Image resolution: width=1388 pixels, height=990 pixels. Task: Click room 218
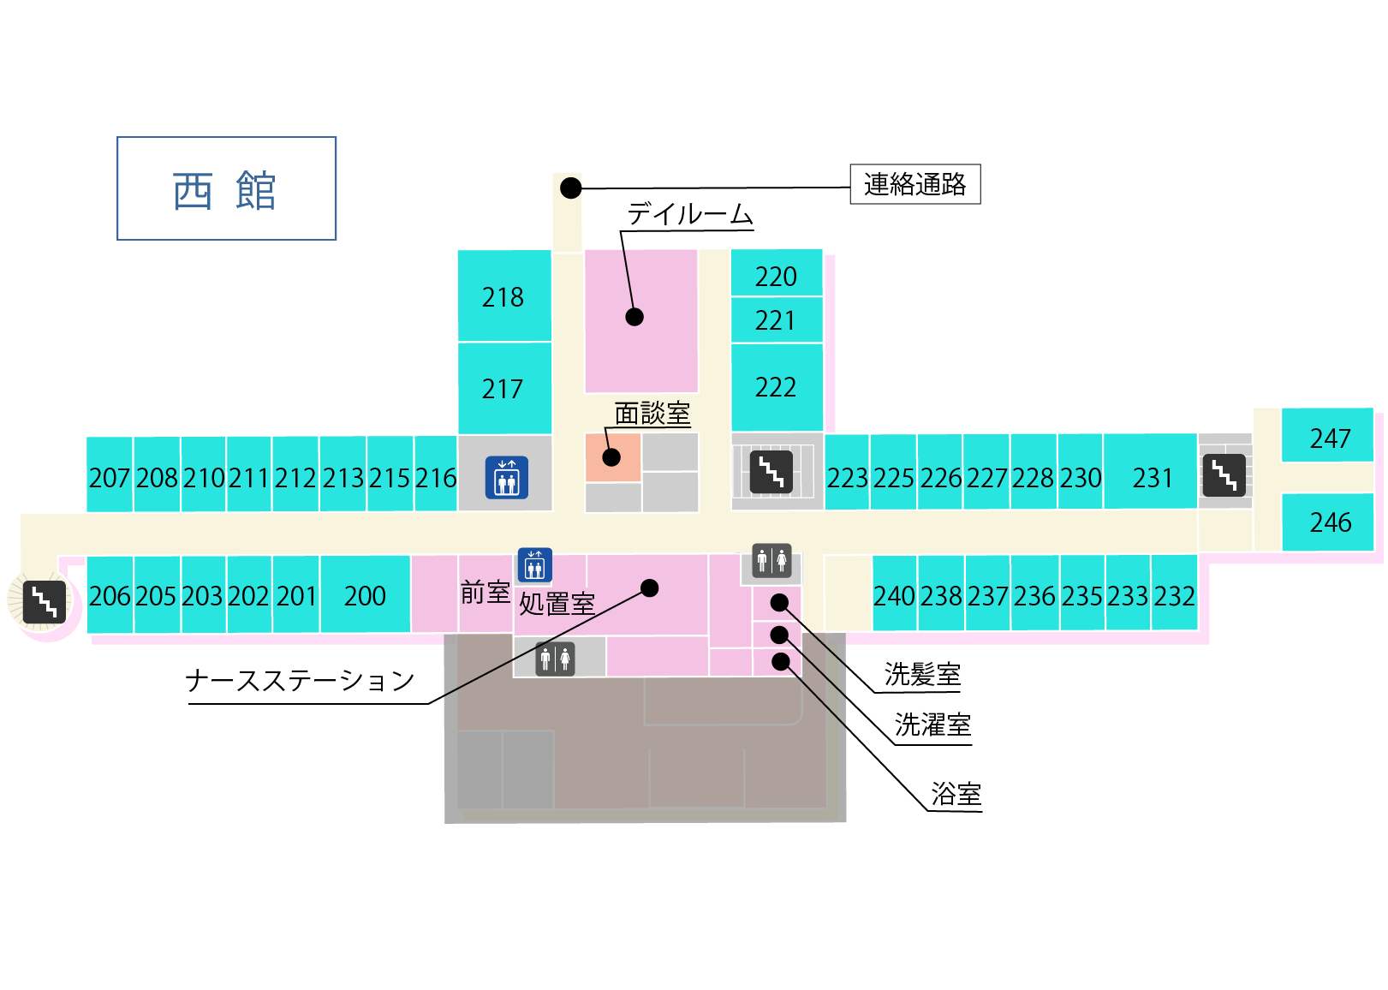coord(504,295)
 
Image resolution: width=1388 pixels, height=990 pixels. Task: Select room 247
coord(1327,435)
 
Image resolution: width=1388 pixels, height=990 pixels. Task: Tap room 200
coord(365,593)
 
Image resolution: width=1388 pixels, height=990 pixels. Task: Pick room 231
coord(1150,471)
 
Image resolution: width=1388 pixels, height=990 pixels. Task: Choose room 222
coord(777,387)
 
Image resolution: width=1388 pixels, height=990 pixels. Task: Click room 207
coord(109,474)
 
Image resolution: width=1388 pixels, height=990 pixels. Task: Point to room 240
coord(894,593)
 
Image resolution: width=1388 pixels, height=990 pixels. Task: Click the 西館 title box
coord(227,188)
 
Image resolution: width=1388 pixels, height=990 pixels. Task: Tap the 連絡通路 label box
coord(915,184)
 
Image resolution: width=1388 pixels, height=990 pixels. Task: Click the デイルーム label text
coord(689,214)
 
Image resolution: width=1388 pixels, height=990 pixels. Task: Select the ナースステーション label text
coord(300,681)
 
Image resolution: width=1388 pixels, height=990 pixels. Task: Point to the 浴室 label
coord(956,794)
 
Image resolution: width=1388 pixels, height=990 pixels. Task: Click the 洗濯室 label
coord(932,725)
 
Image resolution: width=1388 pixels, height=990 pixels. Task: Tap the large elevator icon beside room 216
coord(507,477)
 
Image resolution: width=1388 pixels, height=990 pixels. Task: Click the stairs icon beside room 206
coord(45,602)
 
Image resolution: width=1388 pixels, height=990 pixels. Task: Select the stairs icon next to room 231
coord(1224,475)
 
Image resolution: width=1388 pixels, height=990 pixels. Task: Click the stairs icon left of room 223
coord(771,473)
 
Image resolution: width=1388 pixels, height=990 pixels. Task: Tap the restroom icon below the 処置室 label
coord(555,659)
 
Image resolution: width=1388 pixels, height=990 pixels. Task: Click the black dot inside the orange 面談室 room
coord(611,457)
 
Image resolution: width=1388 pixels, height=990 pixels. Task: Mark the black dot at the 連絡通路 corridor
coord(570,188)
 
